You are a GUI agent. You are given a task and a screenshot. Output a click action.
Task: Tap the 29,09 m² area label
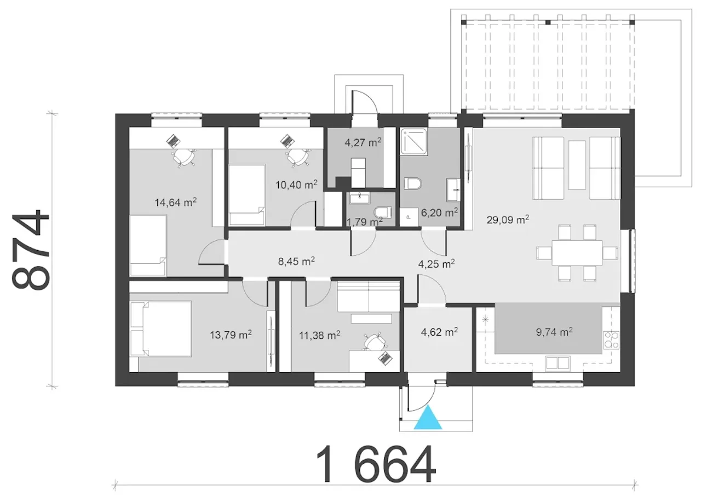coord(508,220)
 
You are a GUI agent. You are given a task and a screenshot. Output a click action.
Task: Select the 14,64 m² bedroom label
coord(176,202)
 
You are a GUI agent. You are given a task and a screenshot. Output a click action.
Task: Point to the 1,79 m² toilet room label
coord(364,222)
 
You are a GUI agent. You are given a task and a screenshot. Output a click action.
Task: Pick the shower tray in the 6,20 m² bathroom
coord(413,142)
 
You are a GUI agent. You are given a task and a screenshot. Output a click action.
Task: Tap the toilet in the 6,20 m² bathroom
coord(413,183)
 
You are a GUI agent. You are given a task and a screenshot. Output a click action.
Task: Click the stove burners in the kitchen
coord(611,339)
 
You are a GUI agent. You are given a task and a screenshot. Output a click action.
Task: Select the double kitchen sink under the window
coord(557,363)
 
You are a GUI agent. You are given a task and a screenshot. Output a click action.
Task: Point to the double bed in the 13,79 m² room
coord(160,328)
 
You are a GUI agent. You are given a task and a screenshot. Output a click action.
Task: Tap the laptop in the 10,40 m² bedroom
coord(287,141)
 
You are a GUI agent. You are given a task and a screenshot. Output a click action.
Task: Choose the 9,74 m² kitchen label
coord(554,332)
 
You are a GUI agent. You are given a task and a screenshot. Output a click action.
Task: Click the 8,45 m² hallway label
coord(296,261)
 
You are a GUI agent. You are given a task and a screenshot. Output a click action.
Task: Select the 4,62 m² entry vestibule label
coord(439,332)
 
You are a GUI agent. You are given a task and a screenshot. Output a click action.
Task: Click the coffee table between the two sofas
coord(577,165)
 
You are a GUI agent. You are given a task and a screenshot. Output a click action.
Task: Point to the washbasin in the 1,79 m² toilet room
coord(360,198)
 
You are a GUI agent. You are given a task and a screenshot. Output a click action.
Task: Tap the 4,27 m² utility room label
coord(363,143)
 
